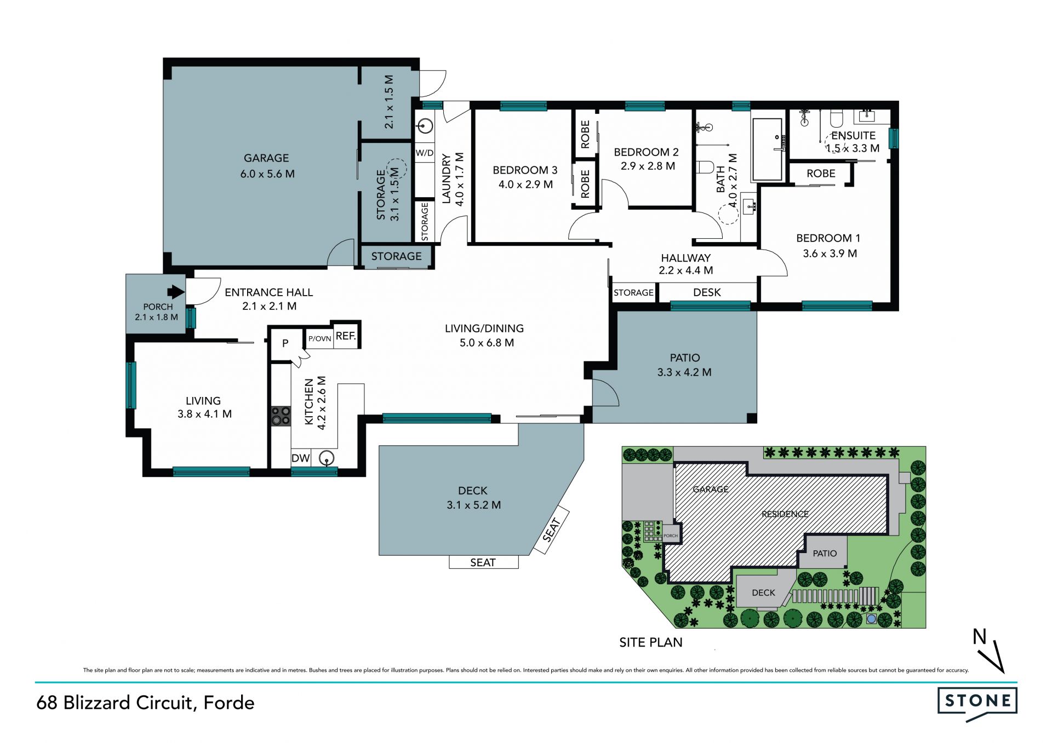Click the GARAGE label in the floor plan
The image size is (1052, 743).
266,158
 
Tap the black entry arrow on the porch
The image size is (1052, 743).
176,292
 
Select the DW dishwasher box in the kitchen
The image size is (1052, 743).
300,458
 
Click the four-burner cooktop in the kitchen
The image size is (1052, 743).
281,416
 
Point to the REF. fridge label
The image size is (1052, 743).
346,336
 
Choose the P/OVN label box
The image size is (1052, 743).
319,339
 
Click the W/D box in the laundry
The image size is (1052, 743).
425,153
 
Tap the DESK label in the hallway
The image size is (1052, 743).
707,292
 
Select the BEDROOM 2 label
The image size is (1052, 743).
646,152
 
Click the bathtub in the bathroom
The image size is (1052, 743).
768,149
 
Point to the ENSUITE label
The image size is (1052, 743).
853,135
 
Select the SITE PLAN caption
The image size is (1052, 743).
651,642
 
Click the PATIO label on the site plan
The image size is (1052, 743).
825,554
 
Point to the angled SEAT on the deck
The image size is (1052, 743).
551,531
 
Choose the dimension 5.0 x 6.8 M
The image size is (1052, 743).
487,343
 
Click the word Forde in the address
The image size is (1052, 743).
229,702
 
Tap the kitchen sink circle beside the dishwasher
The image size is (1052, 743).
327,458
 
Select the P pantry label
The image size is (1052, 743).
285,344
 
